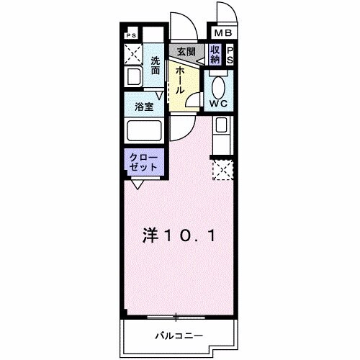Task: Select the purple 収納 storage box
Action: click(x=215, y=55)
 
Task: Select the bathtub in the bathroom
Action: click(x=143, y=132)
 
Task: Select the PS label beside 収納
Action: click(x=230, y=55)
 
